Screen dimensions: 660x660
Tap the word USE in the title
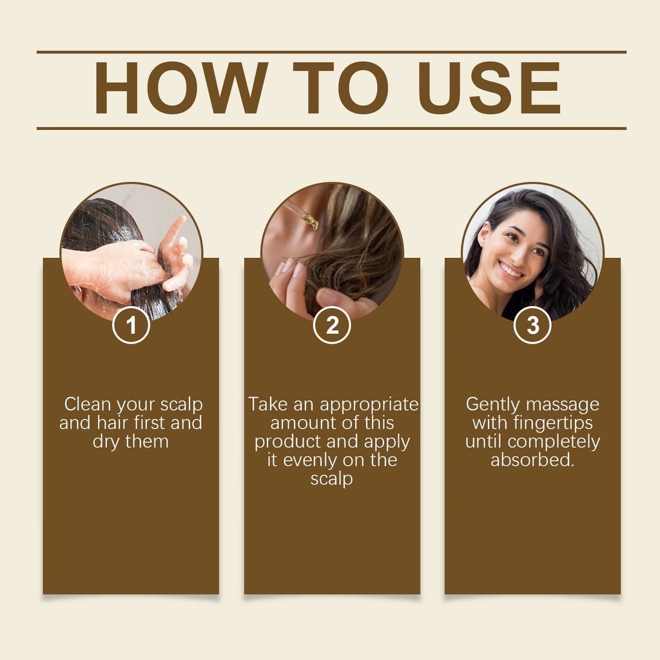pos(489,88)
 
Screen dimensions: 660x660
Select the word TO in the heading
pos(340,88)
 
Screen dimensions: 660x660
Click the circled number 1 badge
pos(131,325)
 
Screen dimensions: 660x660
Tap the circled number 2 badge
pos(332,325)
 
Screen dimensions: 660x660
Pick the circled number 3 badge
pos(532,325)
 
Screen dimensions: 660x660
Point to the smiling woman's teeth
pos(510,270)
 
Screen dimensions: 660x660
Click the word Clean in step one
pos(88,404)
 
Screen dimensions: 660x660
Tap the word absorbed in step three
pos(532,460)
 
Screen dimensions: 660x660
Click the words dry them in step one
pos(130,442)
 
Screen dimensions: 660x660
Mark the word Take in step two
pos(268,404)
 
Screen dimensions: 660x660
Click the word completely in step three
pos(554,442)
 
